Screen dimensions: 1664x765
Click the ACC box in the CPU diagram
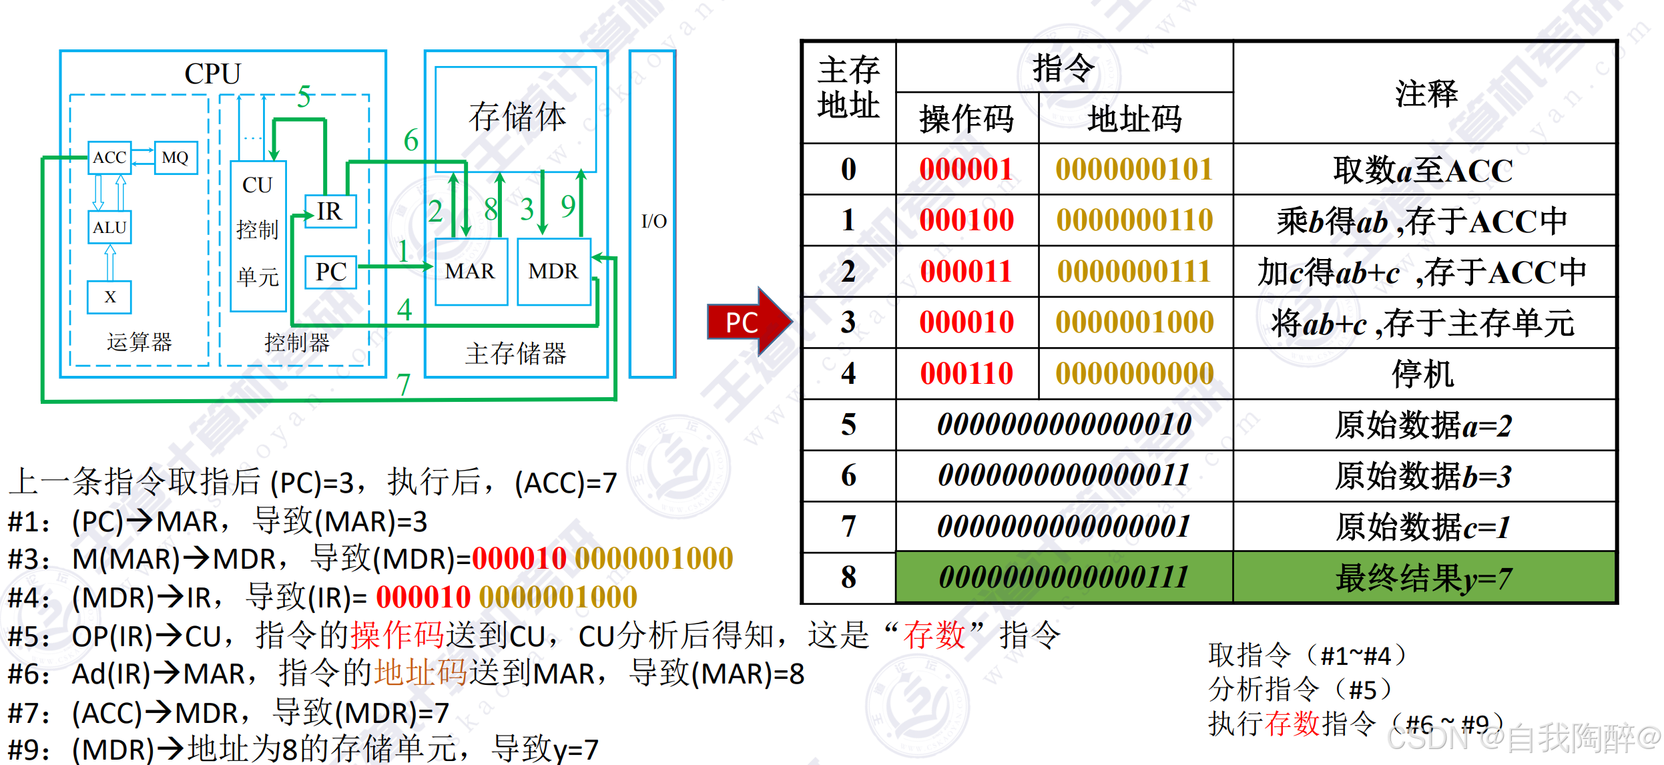pos(109,158)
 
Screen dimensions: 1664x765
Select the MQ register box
pos(176,158)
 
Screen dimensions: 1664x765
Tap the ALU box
pos(109,228)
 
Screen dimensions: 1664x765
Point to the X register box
pos(109,297)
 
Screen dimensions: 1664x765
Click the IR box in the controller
pos(330,212)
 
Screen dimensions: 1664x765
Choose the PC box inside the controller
pos(331,272)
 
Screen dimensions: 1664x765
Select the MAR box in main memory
pos(471,272)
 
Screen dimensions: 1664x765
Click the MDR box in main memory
pos(553,272)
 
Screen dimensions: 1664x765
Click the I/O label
pos(653,221)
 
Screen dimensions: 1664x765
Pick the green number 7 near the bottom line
pos(403,385)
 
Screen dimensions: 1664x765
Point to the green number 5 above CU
pos(304,97)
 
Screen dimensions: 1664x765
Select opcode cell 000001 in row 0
pos(966,170)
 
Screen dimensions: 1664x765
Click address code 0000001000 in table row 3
pos(1135,322)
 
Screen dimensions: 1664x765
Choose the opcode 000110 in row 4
pos(966,374)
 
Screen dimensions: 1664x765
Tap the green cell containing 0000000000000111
pos(1064,577)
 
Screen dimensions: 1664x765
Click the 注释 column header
pos(1425,93)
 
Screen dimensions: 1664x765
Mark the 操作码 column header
pos(966,119)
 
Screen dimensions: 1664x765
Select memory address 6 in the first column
pos(848,476)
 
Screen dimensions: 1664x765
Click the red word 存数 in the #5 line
pos(934,635)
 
